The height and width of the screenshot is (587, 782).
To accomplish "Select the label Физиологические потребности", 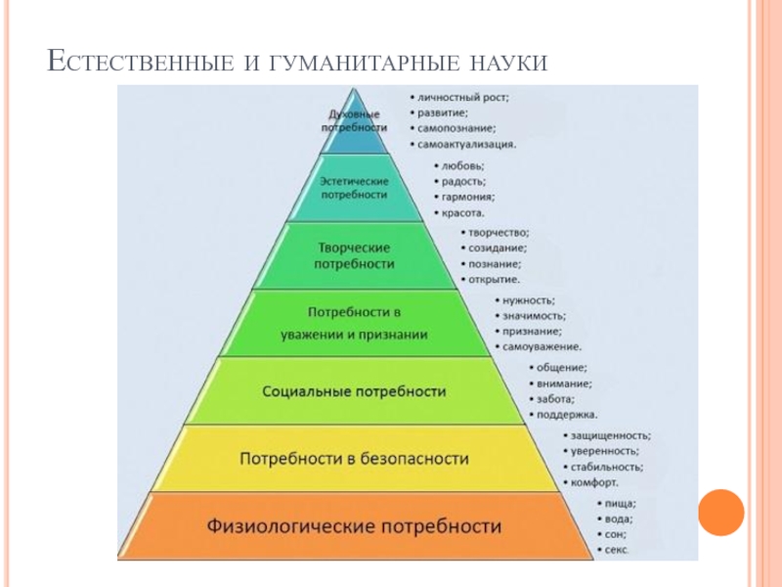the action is click(354, 526).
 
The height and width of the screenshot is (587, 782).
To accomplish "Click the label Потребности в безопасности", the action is click(354, 458).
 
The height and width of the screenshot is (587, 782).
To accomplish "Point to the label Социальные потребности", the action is click(354, 391).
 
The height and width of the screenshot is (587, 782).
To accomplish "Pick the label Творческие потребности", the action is click(354, 255).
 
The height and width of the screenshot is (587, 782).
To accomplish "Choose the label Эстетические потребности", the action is click(355, 189).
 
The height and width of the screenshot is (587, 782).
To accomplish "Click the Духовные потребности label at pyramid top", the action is click(354, 121).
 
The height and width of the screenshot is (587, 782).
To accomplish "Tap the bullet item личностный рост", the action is click(464, 98).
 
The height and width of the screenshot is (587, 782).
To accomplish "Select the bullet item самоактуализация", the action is click(466, 144).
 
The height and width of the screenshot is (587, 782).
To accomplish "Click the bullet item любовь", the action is click(463, 166).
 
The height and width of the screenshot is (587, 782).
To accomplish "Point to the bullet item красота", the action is click(463, 212).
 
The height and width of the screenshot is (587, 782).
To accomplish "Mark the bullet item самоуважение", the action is click(542, 346).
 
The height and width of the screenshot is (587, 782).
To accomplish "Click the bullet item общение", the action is click(560, 368).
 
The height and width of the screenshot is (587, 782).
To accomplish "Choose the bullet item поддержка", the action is click(567, 415).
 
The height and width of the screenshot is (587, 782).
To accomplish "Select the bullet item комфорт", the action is click(595, 483).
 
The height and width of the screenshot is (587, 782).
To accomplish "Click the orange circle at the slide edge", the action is click(721, 511).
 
